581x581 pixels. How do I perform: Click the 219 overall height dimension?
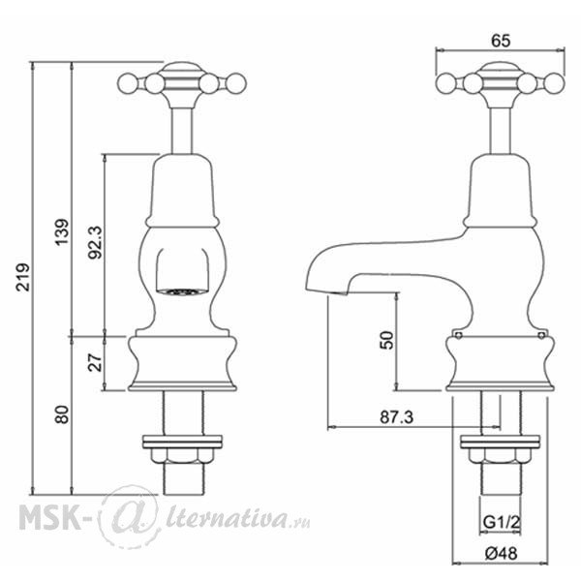pos(23,277)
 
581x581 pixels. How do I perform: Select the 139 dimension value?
pos(62,232)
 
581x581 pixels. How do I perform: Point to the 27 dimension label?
pos(95,362)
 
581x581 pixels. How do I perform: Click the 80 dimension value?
pos(62,414)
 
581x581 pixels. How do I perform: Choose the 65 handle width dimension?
pos(501,41)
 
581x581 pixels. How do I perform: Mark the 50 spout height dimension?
pos(386,340)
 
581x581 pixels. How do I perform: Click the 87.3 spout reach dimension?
pos(396,417)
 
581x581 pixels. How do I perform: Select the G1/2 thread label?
pos(502,523)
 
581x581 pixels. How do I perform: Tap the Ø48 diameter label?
pos(501,554)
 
